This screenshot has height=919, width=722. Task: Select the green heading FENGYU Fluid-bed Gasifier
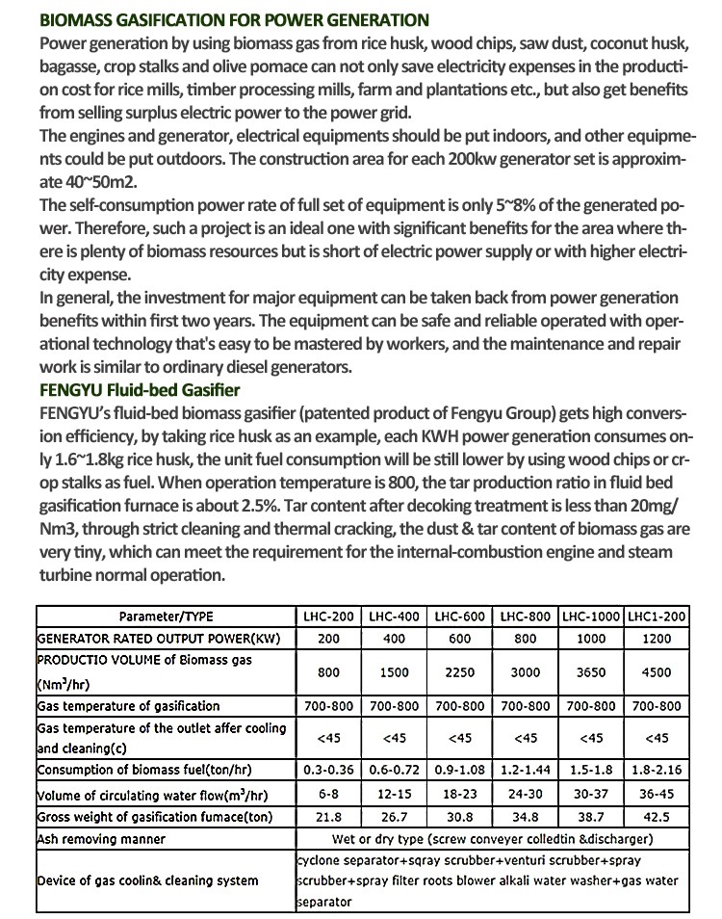(141, 389)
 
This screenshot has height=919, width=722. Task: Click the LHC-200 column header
(328, 616)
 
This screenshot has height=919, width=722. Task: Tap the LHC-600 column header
(459, 616)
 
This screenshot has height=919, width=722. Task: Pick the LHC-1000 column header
(591, 616)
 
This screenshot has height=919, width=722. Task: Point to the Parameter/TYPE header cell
(167, 616)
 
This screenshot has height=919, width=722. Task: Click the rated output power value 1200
(657, 638)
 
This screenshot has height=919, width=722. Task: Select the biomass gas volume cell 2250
(459, 672)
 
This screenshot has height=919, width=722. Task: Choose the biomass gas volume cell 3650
(591, 672)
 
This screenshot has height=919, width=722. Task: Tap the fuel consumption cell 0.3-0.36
(328, 770)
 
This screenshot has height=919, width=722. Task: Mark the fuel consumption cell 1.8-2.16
(657, 770)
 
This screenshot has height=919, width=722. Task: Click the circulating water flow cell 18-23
(459, 795)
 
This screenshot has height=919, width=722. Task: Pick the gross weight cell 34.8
(526, 817)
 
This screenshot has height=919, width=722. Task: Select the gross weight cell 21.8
(328, 817)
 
